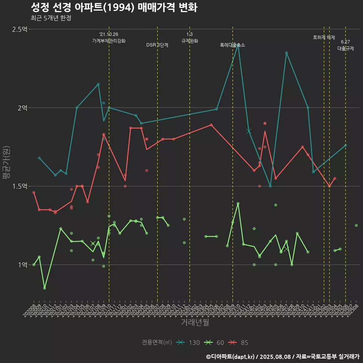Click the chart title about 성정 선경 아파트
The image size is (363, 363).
pyautogui.click(x=113, y=8)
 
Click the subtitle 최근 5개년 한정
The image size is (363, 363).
pyautogui.click(x=51, y=18)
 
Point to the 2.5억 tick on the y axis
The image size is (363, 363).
pyautogui.click(x=20, y=29)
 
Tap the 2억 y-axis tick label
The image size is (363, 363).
pyautogui.click(x=22, y=108)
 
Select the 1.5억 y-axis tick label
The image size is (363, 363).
pyautogui.click(x=20, y=186)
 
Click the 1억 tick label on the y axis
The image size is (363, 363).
pyautogui.click(x=22, y=265)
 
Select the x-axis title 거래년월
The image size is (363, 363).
pyautogui.click(x=195, y=323)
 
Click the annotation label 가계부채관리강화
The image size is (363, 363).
pyautogui.click(x=109, y=41)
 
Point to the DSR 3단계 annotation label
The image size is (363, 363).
pyautogui.click(x=157, y=45)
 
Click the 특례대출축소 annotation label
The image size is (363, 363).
pyautogui.click(x=233, y=45)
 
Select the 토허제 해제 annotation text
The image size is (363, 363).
pyautogui.click(x=324, y=37)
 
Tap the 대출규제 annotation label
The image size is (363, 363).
pyautogui.click(x=346, y=48)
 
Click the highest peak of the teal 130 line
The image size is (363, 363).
pyautogui.click(x=238, y=45)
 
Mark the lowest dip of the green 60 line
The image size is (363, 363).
pyautogui.click(x=45, y=288)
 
